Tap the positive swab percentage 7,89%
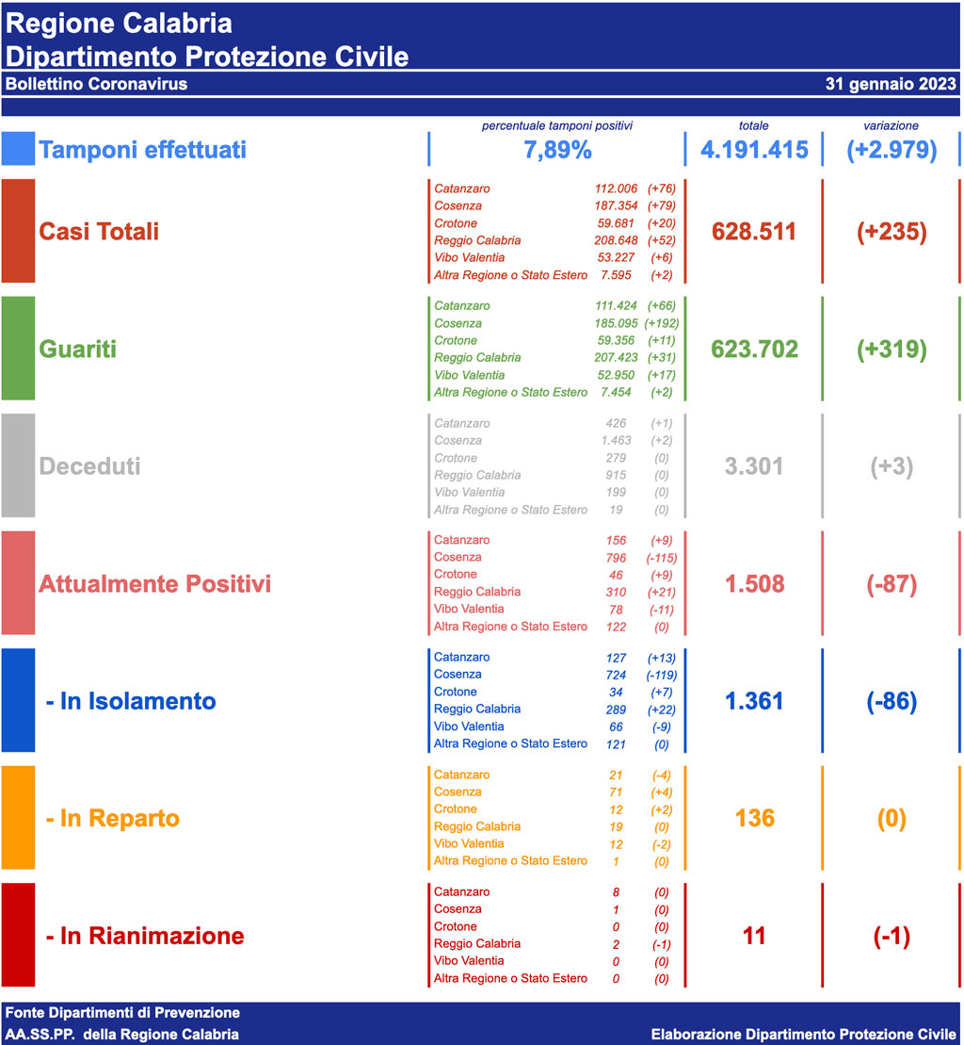point(557,150)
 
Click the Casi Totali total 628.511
point(754,232)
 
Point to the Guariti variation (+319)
point(892,349)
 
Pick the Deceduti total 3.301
point(754,466)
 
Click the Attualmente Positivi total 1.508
point(754,584)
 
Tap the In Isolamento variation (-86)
point(892,701)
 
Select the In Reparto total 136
point(754,818)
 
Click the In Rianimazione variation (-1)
point(892,936)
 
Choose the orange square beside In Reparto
point(18,818)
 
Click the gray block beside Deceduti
point(18,466)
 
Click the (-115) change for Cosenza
point(662,558)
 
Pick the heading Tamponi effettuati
point(142,150)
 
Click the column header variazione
point(891,125)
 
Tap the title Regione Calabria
point(119,24)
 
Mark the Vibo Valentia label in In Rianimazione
point(469,961)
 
